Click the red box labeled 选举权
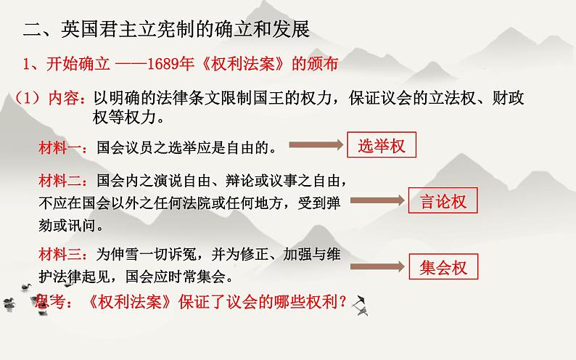(382, 146)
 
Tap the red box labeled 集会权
(443, 268)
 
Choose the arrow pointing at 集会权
(378, 267)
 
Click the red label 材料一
(61, 149)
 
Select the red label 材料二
(61, 180)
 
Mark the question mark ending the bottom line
(341, 303)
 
